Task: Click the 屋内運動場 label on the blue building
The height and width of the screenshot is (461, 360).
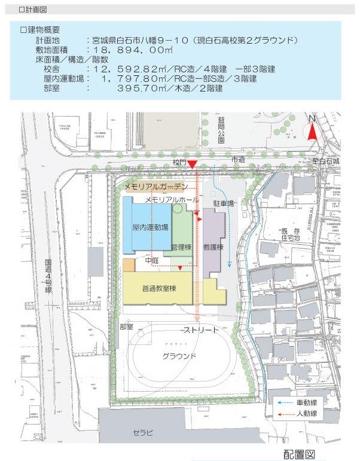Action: click(150, 228)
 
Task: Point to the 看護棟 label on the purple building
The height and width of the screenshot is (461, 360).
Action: click(213, 246)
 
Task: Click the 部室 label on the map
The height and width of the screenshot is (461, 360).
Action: click(126, 327)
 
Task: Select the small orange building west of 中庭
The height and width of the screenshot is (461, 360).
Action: click(129, 265)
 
